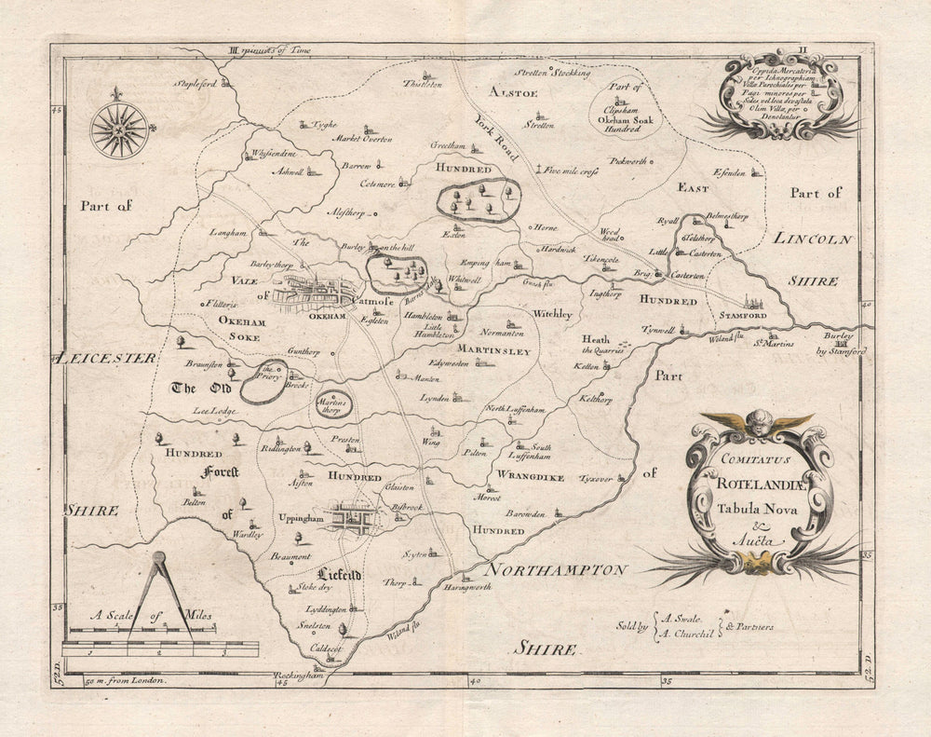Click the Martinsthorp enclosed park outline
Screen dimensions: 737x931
(x=333, y=404)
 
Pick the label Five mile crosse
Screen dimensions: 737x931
(x=571, y=171)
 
